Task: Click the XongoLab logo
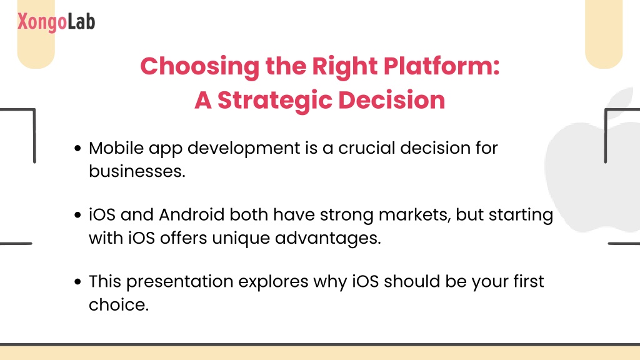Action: (x=56, y=22)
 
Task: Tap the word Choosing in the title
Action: (x=199, y=66)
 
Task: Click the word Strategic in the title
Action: (x=275, y=101)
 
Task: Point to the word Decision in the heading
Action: (x=392, y=100)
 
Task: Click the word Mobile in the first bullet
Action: (x=116, y=147)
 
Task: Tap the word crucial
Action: (x=367, y=147)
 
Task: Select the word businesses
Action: (x=137, y=171)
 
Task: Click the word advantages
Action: (x=327, y=238)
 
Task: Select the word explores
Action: (x=273, y=282)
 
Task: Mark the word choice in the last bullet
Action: (x=118, y=304)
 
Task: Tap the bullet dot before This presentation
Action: (x=78, y=281)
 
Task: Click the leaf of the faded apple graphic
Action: (x=621, y=102)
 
